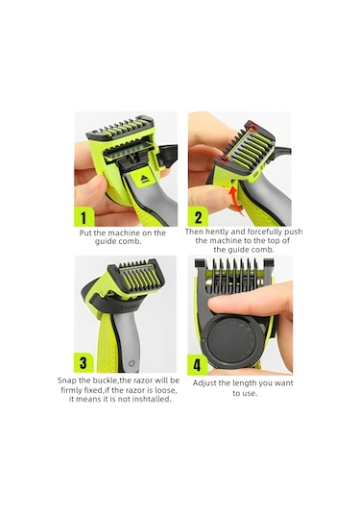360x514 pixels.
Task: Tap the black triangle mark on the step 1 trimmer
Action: tap(147, 179)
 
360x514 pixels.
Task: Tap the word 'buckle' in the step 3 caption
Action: tap(112, 379)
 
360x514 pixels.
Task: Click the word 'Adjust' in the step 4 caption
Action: tap(209, 383)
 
